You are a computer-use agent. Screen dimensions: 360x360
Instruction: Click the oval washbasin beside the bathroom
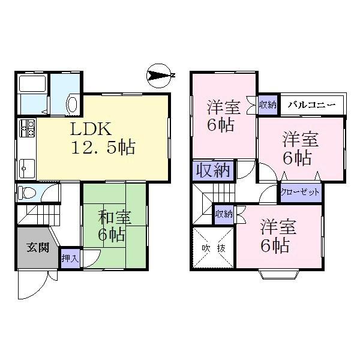(x=71, y=104)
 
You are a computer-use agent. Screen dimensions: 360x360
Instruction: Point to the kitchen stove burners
(x=28, y=127)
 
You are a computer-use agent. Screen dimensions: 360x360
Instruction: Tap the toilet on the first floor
(x=28, y=193)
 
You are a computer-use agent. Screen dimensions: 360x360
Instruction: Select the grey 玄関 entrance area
(x=34, y=247)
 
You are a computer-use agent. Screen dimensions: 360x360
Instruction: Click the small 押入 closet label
(x=69, y=259)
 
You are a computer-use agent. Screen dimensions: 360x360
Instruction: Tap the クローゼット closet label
(x=300, y=193)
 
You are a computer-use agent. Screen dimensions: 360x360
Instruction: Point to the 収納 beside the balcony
(x=268, y=104)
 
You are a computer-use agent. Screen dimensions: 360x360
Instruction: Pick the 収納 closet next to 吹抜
(x=224, y=214)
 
